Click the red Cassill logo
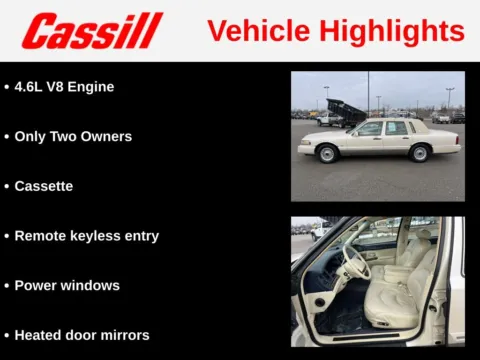pyautogui.click(x=92, y=31)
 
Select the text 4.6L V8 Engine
pyautogui.click(x=64, y=87)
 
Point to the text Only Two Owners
pyautogui.click(x=73, y=136)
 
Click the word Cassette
pyautogui.click(x=44, y=186)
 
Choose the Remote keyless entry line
pyautogui.click(x=87, y=236)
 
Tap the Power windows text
pyautogui.click(x=67, y=285)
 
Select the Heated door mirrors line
pyautogui.click(x=82, y=335)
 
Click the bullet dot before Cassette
pyautogui.click(x=8, y=187)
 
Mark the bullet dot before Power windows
pyautogui.click(x=8, y=286)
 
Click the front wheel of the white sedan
pyautogui.click(x=327, y=154)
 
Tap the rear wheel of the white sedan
pyautogui.click(x=421, y=153)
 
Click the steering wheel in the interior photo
pyautogui.click(x=355, y=263)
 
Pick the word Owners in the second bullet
pyautogui.click(x=107, y=136)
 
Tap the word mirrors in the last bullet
pyautogui.click(x=124, y=335)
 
